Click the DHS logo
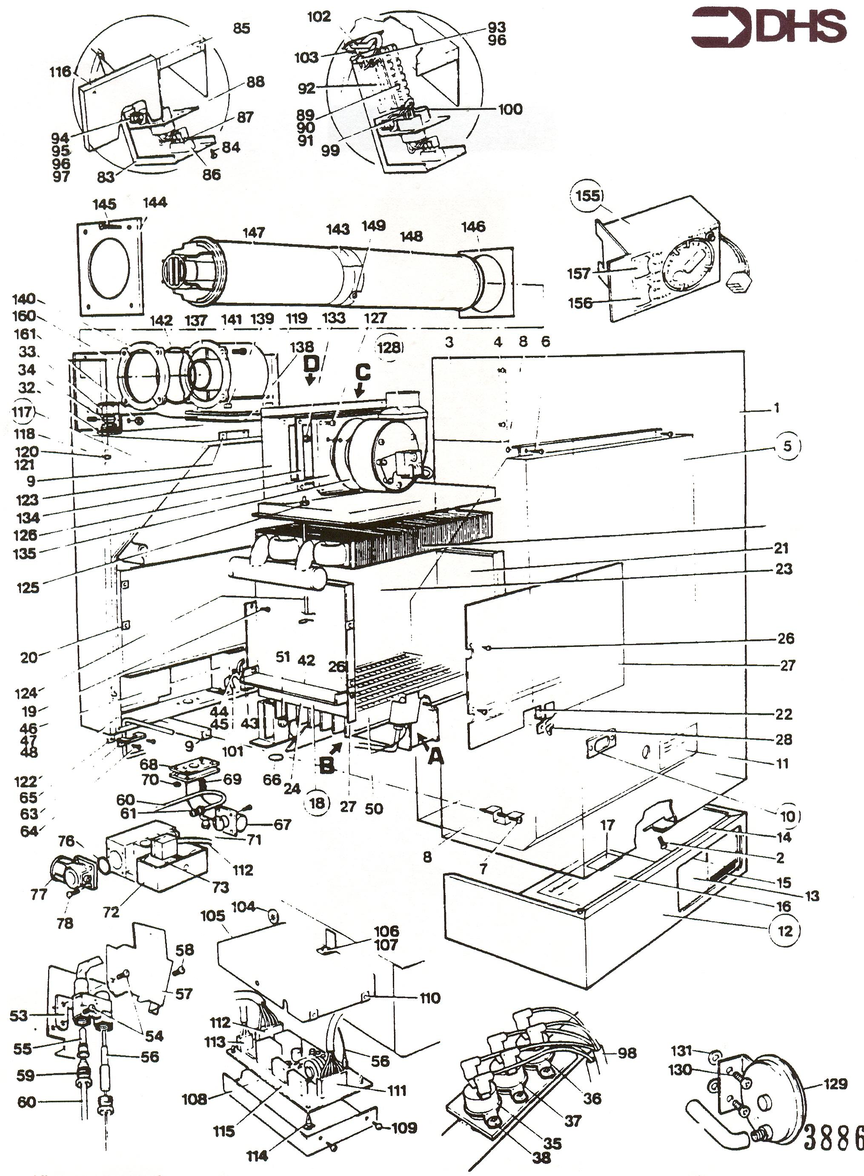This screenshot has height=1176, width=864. (768, 27)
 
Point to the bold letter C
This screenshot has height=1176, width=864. (363, 372)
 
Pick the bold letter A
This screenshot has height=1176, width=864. (435, 755)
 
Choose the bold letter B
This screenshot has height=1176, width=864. (326, 766)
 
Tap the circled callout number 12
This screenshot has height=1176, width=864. (786, 930)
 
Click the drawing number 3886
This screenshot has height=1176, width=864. (833, 1137)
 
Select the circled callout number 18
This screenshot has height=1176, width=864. (317, 803)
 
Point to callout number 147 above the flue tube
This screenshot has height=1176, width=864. (254, 232)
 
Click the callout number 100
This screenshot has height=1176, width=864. (510, 109)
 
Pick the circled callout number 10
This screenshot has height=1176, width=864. (788, 816)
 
